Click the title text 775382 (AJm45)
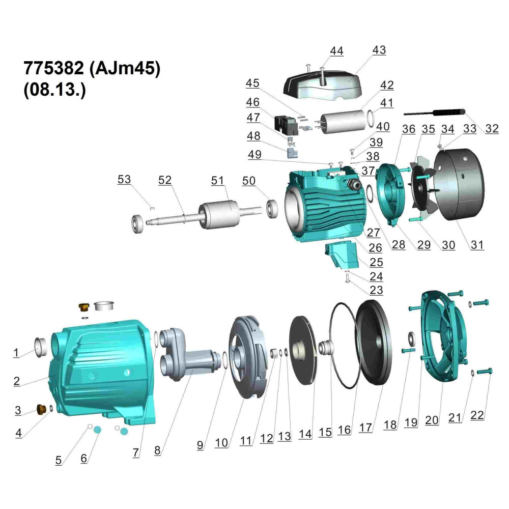(92, 68)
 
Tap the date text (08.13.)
(54, 89)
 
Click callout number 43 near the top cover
(379, 50)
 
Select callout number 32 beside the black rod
(492, 129)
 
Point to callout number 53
(124, 179)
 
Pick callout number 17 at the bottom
(365, 428)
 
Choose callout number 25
(376, 262)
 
